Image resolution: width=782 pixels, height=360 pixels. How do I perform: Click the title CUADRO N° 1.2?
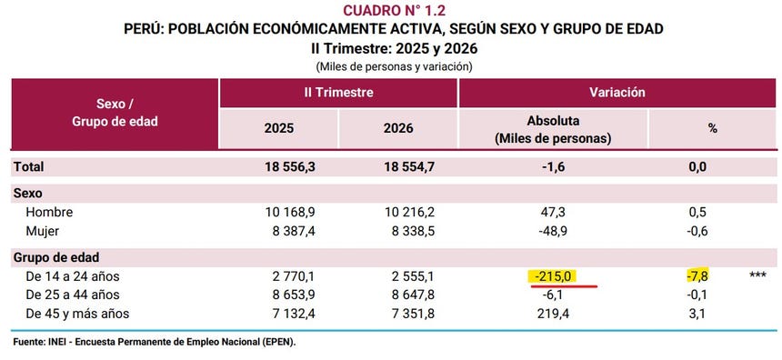[x=394, y=10]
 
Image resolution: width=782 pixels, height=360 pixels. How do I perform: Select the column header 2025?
[x=279, y=129]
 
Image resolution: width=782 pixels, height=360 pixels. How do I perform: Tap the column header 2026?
[x=398, y=129]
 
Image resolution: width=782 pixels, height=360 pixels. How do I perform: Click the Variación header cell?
[x=617, y=93]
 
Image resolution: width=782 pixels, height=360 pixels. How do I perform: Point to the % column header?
[x=712, y=129]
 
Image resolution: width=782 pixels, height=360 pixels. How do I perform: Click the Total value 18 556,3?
[x=290, y=167]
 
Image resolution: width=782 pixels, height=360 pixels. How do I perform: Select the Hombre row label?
[x=49, y=212]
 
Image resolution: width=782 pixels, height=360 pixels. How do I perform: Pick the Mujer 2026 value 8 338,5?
[x=409, y=231]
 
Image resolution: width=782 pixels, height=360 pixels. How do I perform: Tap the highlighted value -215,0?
[x=553, y=276]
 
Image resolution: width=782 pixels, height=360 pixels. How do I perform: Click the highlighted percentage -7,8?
[x=697, y=276]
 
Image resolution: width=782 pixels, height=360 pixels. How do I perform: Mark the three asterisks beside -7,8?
[x=757, y=275]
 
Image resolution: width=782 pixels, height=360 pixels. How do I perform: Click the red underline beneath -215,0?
[x=564, y=286]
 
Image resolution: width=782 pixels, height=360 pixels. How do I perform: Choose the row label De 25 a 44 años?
[x=73, y=295]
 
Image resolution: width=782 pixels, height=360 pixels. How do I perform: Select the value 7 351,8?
[x=409, y=315]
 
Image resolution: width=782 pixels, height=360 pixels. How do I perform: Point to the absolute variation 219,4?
[x=553, y=315]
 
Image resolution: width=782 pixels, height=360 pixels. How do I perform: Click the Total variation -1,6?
[x=553, y=167]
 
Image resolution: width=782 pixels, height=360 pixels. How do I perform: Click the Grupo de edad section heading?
[x=56, y=257]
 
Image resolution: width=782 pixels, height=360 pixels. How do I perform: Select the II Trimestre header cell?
[x=338, y=93]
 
